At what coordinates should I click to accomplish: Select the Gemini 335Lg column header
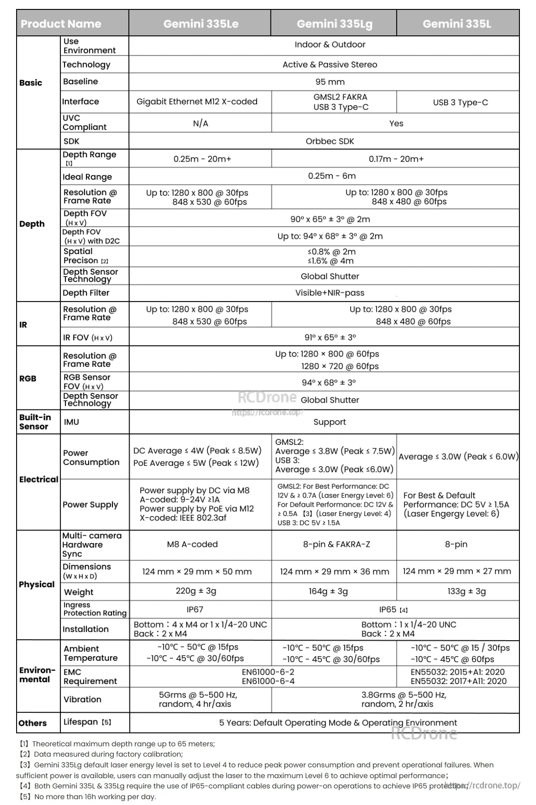click(334, 24)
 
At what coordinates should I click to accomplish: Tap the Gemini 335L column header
click(457, 24)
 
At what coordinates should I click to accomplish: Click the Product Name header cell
click(61, 24)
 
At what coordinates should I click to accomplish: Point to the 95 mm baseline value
click(330, 82)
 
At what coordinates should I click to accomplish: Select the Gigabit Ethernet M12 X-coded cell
click(197, 102)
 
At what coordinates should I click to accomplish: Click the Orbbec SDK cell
click(330, 141)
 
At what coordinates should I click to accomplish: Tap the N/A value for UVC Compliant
click(201, 123)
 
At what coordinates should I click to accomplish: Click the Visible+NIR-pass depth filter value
click(330, 293)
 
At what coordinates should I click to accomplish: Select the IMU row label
click(72, 422)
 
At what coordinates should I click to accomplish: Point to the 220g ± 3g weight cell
click(196, 591)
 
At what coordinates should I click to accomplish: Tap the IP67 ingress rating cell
click(195, 610)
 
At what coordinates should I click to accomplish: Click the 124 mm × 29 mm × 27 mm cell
click(456, 571)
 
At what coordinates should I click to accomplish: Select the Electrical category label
click(39, 479)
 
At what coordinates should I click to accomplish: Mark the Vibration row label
click(82, 699)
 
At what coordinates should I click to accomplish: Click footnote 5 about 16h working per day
click(88, 796)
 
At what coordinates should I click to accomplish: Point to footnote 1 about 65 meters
click(116, 744)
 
